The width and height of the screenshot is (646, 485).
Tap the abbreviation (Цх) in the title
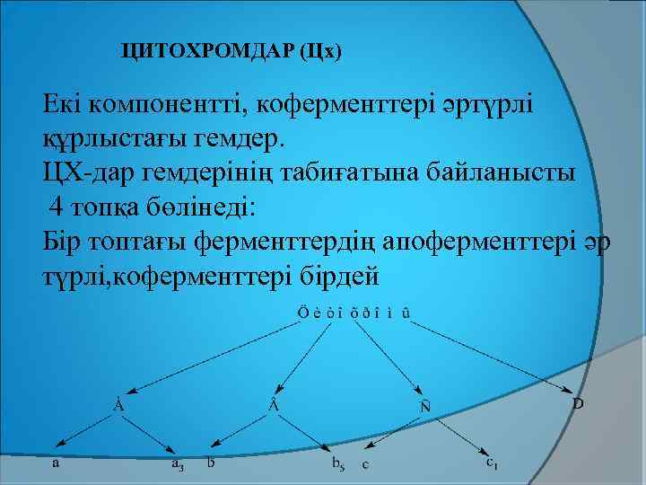322,52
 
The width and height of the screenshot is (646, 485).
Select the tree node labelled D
578,404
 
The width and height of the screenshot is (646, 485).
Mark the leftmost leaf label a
57,464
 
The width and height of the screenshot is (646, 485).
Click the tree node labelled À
118,405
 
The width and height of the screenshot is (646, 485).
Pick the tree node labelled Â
273,405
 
